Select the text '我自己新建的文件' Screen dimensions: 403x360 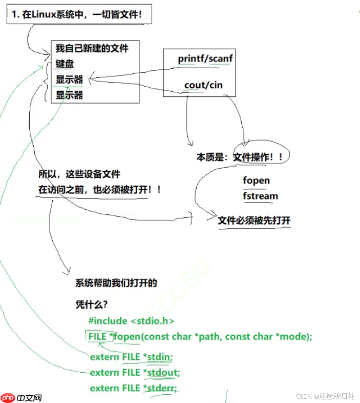(x=92, y=49)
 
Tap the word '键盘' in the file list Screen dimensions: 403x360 (x=65, y=64)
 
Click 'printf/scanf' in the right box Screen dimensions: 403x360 (x=205, y=58)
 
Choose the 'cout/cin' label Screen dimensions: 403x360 (x=203, y=85)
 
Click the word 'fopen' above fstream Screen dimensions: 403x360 (x=256, y=180)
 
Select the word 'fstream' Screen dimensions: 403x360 (x=260, y=196)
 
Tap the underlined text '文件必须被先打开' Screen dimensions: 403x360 (x=254, y=220)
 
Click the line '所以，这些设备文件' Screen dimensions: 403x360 (x=79, y=174)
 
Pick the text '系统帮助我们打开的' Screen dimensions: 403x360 (x=116, y=283)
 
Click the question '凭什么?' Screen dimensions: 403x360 (x=91, y=304)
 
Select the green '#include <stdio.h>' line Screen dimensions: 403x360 (x=131, y=320)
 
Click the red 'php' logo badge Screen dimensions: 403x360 (x=8, y=398)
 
